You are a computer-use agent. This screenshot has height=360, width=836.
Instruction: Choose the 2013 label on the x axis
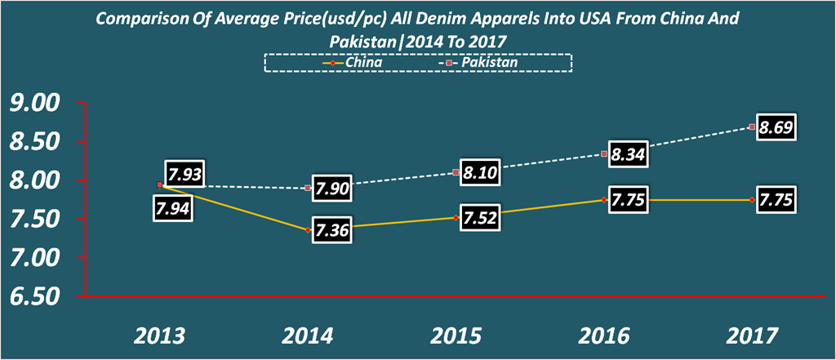[159, 335]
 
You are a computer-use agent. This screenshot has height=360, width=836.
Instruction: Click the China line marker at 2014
[308, 230]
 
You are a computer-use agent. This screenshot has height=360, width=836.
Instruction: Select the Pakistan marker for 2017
[750, 127]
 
